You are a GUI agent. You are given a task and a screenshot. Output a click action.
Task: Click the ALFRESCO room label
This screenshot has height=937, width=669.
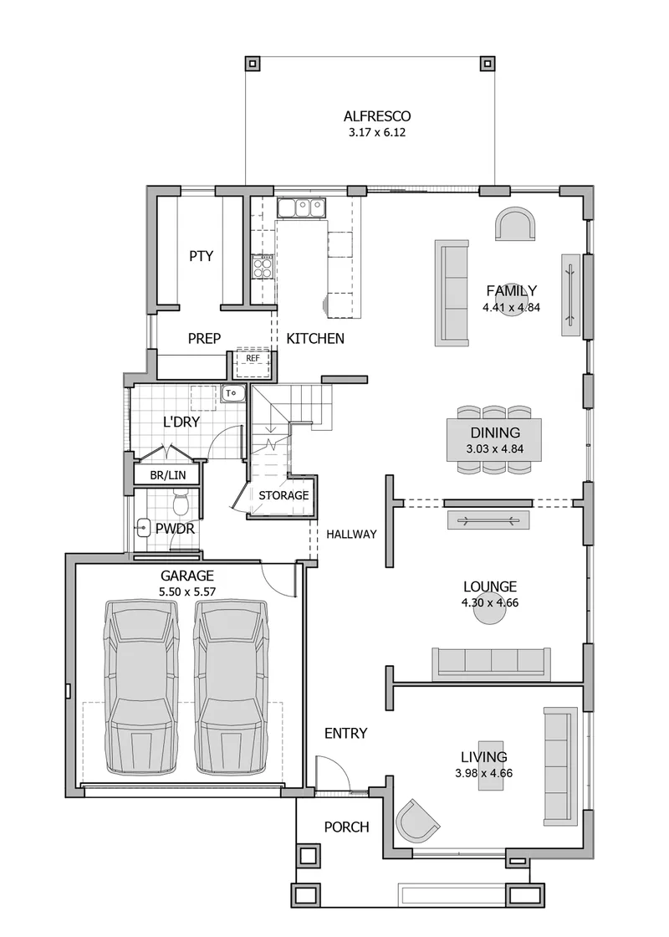[x=377, y=116]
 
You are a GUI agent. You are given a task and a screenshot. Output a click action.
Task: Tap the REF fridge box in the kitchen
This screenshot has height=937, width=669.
[x=253, y=362]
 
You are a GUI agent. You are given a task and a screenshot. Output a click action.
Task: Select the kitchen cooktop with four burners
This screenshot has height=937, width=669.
[x=263, y=267]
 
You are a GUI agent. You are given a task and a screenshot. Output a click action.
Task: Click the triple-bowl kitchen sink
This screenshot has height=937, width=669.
[x=302, y=207]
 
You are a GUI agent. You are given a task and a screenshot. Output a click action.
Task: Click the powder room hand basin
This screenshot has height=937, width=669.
[x=143, y=528]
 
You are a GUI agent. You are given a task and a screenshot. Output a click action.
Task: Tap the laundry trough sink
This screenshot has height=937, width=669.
[x=232, y=393]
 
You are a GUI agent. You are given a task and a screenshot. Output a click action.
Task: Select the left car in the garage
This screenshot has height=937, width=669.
[x=141, y=686]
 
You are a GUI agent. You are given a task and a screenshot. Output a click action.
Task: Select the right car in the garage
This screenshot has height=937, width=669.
[x=232, y=686]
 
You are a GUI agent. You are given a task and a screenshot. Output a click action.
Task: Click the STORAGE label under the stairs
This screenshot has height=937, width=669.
[x=283, y=495]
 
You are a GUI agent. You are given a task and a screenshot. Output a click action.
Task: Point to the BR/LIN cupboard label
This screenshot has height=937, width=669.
[x=168, y=476]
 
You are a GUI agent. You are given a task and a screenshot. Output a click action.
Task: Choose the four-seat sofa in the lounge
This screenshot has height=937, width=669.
[x=491, y=663]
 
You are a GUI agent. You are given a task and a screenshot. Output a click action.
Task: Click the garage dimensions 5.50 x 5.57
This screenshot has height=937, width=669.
[x=187, y=592]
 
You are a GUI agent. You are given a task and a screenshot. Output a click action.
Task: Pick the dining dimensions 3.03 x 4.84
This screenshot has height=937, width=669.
[x=495, y=448]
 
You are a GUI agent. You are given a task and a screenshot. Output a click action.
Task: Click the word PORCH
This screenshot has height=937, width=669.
[x=346, y=827]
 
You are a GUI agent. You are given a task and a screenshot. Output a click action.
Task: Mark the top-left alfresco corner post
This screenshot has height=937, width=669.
[x=252, y=63]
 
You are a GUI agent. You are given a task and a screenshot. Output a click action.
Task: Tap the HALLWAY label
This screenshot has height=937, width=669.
[x=351, y=535]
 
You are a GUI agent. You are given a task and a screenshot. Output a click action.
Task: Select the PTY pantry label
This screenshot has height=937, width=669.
[x=202, y=256]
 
